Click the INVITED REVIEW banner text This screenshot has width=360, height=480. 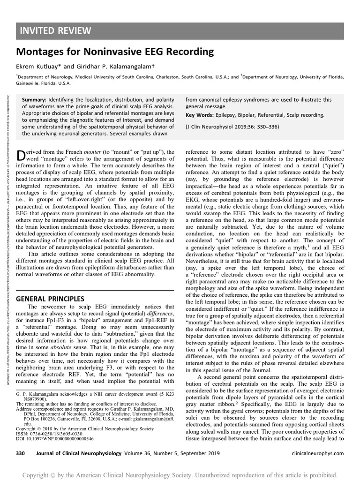pos(55,31)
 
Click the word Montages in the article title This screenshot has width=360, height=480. pos(39,51)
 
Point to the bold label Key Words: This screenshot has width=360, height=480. pos(199,115)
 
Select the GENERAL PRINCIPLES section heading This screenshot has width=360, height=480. pos(50,298)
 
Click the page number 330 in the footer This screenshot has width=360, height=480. pos(20,453)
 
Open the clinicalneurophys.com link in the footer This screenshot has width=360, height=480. pos(317,453)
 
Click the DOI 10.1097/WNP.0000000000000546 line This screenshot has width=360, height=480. pos(55,439)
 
